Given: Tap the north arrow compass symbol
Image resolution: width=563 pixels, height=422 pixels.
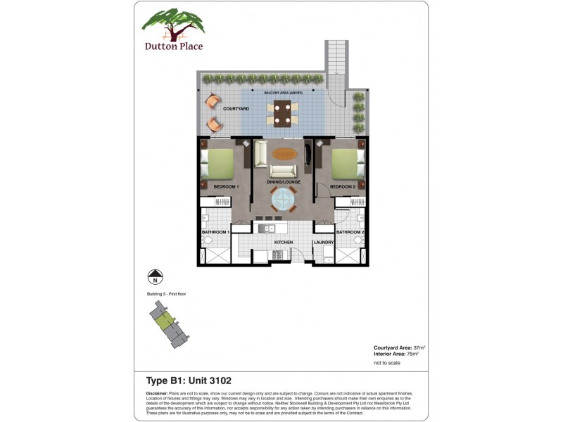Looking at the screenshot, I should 155,276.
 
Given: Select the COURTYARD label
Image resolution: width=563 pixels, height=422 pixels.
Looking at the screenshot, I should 234,109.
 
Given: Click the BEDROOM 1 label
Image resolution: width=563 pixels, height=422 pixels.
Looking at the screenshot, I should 217,186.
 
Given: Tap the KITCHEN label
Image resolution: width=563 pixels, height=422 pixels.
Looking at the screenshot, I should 284,243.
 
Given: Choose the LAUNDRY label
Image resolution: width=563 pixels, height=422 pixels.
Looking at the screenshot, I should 323,243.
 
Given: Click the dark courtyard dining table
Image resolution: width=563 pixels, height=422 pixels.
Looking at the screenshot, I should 283,112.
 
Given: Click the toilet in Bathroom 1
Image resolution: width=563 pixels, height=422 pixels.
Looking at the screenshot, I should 207,241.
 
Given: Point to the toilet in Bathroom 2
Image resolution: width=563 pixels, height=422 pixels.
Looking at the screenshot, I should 359,241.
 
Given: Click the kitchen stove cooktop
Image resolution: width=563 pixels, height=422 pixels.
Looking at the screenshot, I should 277,255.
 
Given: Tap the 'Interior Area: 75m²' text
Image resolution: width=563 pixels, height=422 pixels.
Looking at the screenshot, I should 396,354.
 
